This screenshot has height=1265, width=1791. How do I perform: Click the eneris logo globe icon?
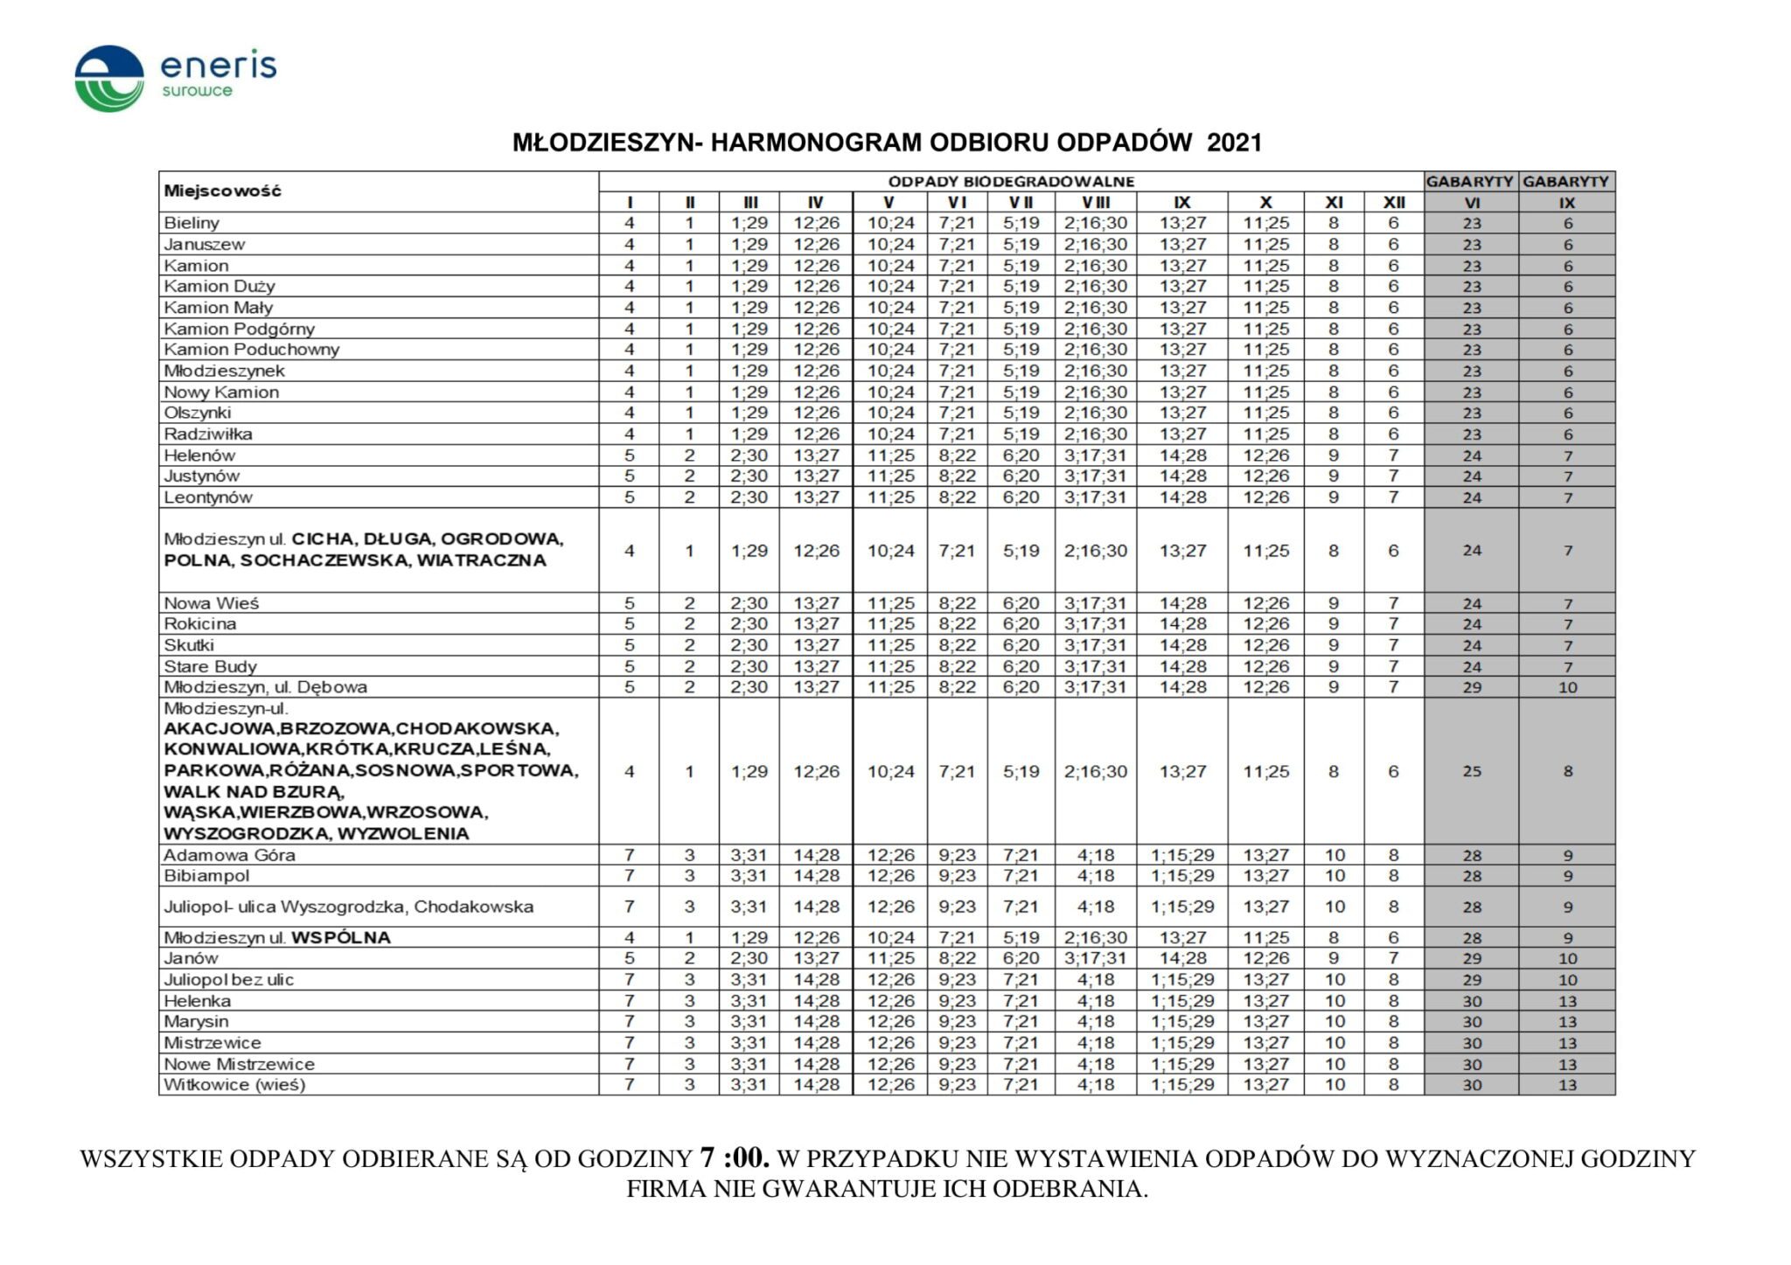pyautogui.click(x=109, y=79)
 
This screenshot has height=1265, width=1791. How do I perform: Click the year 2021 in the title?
pyautogui.click(x=1234, y=142)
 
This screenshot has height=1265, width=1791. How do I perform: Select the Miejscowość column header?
pyautogui.click(x=223, y=191)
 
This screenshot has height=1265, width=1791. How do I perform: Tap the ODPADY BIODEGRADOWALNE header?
pyautogui.click(x=1011, y=181)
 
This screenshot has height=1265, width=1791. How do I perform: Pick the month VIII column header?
pyautogui.click(x=1095, y=202)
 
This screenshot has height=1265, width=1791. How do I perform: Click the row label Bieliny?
pyautogui.click(x=192, y=223)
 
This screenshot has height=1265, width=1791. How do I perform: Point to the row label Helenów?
pyautogui.click(x=199, y=455)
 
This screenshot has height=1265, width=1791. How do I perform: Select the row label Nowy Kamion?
pyautogui.click(x=221, y=392)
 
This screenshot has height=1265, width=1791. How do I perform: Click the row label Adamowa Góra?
pyautogui.click(x=229, y=855)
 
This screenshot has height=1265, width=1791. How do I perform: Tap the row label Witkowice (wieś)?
pyautogui.click(x=234, y=1085)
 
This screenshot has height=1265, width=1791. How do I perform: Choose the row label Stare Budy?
pyautogui.click(x=210, y=666)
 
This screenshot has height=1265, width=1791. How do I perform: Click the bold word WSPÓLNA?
pyautogui.click(x=341, y=938)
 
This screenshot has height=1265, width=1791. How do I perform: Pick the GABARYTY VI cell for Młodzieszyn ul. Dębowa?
pyautogui.click(x=1472, y=687)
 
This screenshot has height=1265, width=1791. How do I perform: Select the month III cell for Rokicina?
pyautogui.click(x=749, y=624)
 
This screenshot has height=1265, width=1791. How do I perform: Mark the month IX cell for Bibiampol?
pyautogui.click(x=1181, y=876)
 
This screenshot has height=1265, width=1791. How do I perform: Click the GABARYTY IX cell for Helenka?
pyautogui.click(x=1567, y=1001)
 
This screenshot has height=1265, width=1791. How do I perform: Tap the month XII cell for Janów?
pyautogui.click(x=1393, y=959)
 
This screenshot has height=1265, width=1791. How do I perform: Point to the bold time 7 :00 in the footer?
pyautogui.click(x=735, y=1158)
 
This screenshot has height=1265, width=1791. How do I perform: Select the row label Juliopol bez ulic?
pyautogui.click(x=229, y=980)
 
